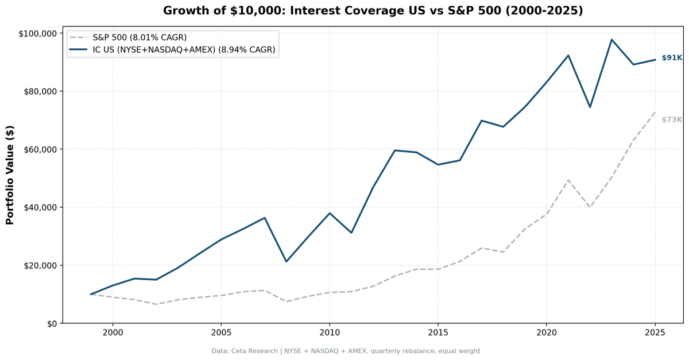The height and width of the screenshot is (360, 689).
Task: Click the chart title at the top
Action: tap(373, 11)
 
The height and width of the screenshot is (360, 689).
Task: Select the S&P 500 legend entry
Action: tap(140, 37)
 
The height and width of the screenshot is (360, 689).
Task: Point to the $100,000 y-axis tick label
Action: tap(38, 33)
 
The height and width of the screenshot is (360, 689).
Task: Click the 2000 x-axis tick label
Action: tap(113, 332)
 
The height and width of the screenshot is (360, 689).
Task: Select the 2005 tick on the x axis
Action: tap(221, 332)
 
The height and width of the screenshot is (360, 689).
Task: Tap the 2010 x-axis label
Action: tap(330, 332)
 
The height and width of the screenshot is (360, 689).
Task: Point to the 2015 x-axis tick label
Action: tap(438, 332)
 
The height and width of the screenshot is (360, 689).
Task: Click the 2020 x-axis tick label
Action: tap(547, 332)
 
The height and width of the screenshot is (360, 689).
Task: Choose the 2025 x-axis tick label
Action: tap(655, 332)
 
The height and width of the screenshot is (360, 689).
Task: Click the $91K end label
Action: tap(671, 58)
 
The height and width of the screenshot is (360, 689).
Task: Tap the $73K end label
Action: tap(671, 119)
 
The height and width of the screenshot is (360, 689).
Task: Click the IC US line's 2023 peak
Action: tap(611, 40)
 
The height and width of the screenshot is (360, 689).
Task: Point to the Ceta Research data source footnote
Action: tap(346, 351)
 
